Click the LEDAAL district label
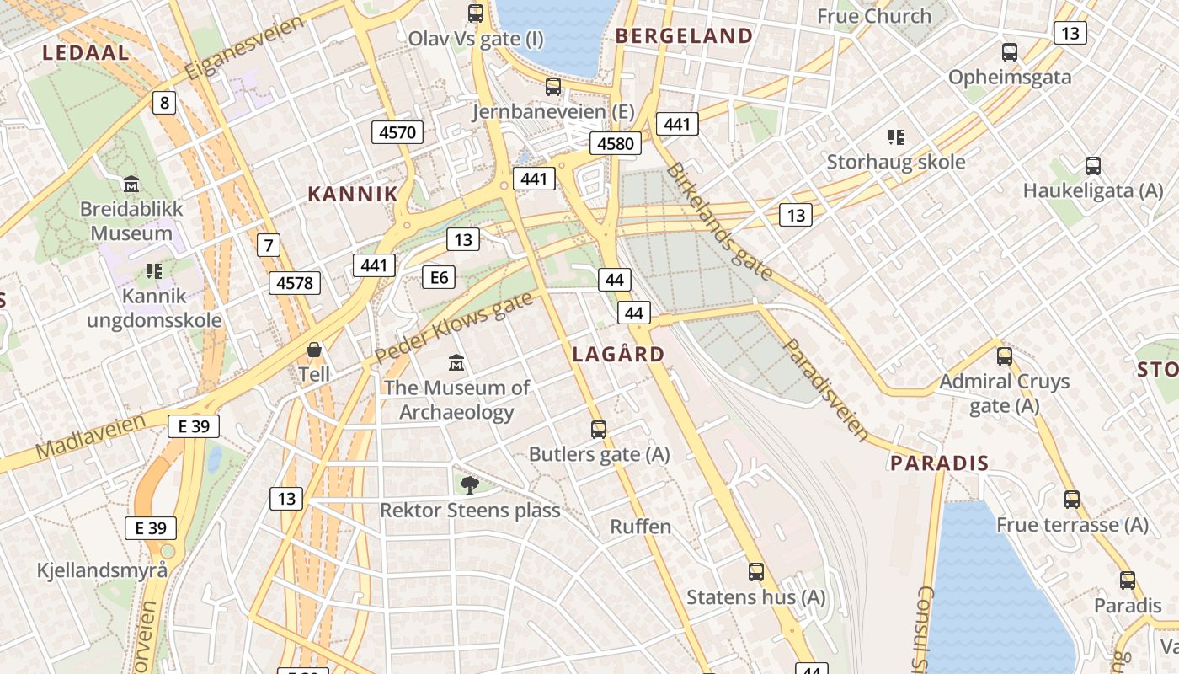(x=86, y=52)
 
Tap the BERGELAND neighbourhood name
(x=684, y=35)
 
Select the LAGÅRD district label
(x=619, y=354)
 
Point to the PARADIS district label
(x=940, y=463)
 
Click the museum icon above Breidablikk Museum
(x=131, y=183)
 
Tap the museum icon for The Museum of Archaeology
(x=456, y=362)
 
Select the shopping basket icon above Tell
(x=314, y=349)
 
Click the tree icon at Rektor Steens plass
(x=469, y=484)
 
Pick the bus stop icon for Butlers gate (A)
(x=599, y=429)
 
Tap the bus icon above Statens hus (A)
(x=756, y=571)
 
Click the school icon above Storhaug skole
(x=896, y=136)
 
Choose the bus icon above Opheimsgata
(x=1010, y=52)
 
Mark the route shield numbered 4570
(x=397, y=131)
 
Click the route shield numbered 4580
(x=615, y=143)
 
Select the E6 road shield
(x=439, y=276)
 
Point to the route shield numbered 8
(x=164, y=103)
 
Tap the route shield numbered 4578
(x=295, y=283)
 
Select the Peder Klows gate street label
(x=454, y=328)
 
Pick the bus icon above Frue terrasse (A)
(x=1071, y=499)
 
